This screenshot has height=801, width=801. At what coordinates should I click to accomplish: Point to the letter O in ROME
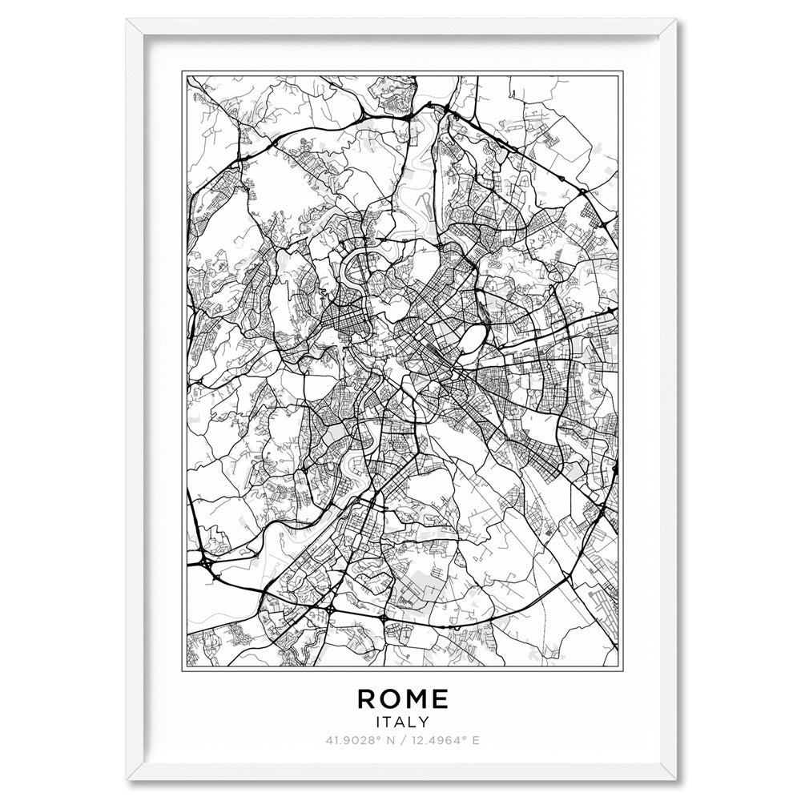[392, 698]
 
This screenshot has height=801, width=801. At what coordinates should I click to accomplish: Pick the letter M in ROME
[417, 698]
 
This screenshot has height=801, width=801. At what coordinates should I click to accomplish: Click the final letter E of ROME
[439, 698]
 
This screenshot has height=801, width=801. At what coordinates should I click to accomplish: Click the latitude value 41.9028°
[350, 740]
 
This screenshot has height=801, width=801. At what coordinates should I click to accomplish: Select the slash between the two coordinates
[400, 740]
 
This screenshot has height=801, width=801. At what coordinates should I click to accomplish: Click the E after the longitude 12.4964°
[477, 740]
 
